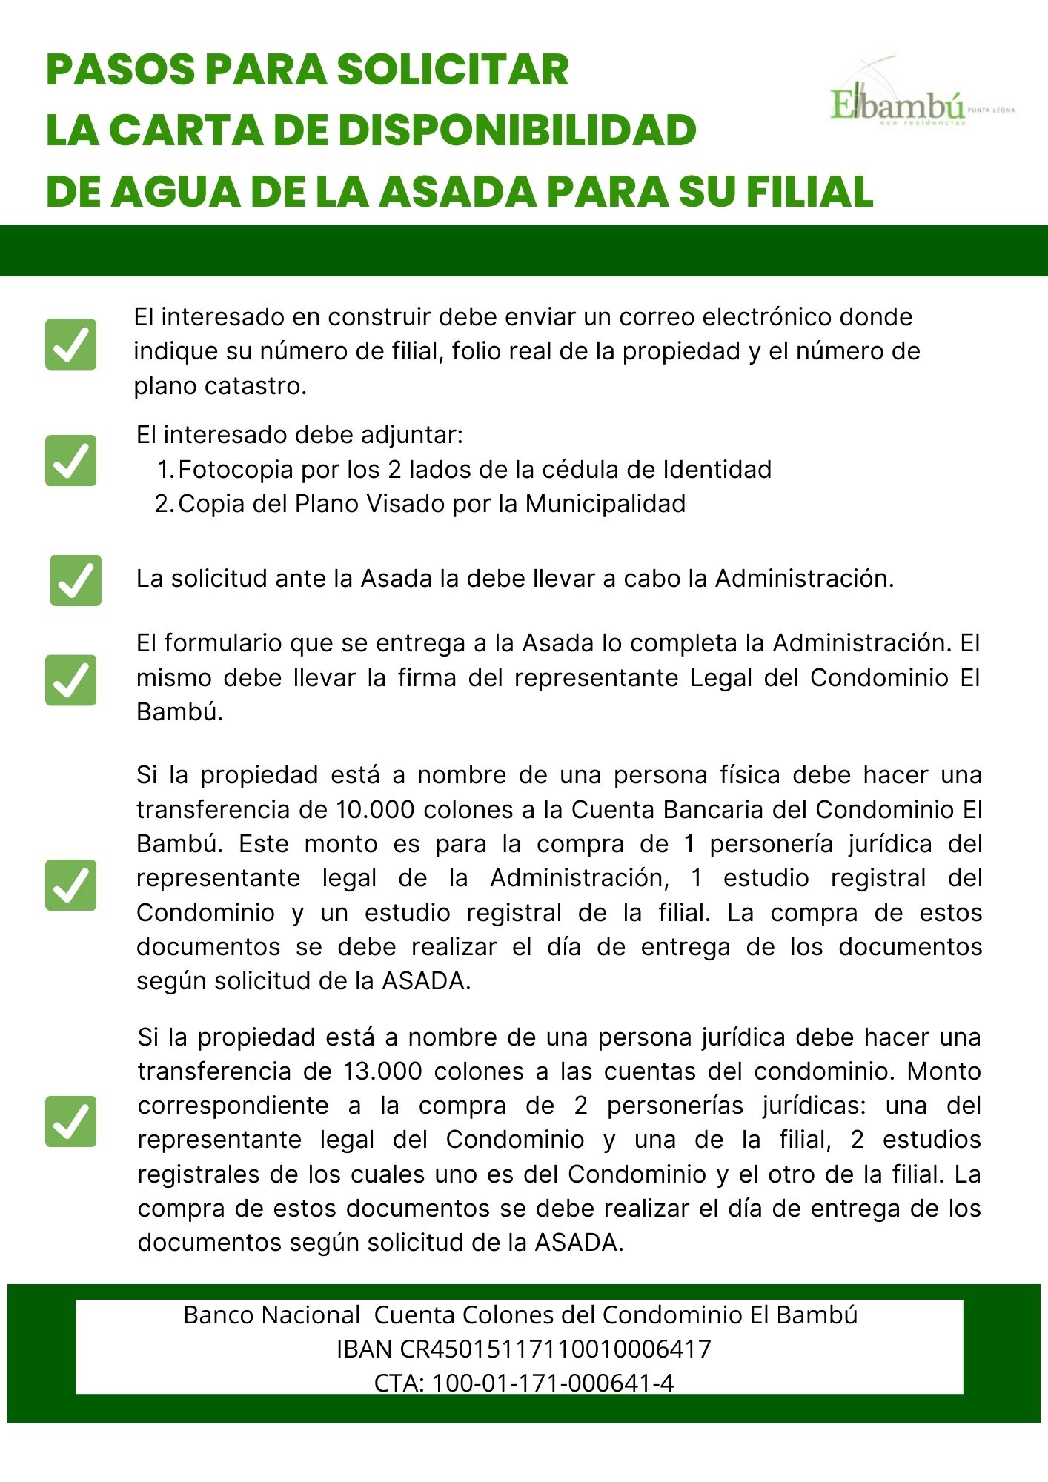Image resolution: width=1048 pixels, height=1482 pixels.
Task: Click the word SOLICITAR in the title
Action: point(453,70)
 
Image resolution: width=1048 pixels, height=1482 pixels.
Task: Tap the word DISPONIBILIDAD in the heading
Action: point(517,130)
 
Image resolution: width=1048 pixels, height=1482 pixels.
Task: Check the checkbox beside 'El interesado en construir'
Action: point(71,345)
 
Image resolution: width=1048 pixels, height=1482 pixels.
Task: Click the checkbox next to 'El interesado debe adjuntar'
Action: point(71,460)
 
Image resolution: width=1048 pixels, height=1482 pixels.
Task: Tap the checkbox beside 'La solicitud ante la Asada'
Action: point(76,580)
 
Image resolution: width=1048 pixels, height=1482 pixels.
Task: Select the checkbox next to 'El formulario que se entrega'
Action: point(71,679)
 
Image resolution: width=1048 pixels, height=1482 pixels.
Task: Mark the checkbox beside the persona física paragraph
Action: point(71,885)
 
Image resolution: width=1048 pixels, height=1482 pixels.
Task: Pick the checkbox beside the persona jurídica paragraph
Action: point(71,1121)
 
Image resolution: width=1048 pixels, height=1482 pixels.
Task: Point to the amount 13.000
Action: point(382,1071)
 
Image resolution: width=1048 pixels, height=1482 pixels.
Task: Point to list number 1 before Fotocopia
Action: point(165,470)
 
